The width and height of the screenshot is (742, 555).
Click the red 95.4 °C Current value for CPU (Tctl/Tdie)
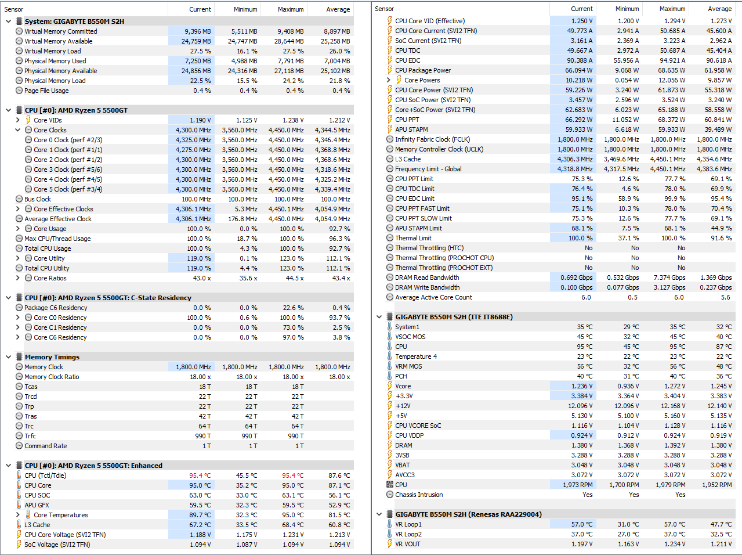point(200,475)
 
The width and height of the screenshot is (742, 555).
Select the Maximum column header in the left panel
point(291,9)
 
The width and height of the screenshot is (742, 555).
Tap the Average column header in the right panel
point(720,9)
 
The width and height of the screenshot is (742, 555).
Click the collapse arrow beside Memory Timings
point(9,357)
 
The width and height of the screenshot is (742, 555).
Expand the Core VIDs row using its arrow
point(18,120)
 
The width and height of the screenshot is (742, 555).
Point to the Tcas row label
point(31,387)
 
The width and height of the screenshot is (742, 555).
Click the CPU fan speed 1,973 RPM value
point(578,485)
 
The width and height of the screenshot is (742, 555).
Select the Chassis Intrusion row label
point(419,495)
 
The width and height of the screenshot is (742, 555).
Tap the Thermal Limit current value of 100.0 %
point(580,238)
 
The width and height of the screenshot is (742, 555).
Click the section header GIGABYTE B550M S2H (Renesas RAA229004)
point(469,514)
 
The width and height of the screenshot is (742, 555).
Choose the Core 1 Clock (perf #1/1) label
point(68,150)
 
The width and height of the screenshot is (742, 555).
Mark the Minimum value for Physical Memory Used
point(244,61)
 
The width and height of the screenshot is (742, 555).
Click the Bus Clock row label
point(38,199)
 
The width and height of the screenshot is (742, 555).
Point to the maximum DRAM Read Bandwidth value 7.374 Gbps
point(669,277)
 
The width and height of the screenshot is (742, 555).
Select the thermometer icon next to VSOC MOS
point(389,337)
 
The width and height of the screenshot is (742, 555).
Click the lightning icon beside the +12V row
point(389,406)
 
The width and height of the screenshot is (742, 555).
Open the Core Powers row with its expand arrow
point(389,80)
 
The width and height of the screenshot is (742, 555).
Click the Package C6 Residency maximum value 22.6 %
point(293,308)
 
